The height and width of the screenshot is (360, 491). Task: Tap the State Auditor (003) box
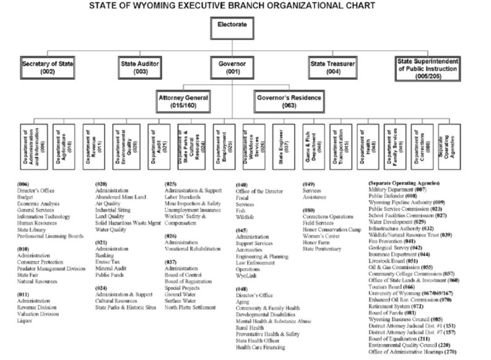(x=139, y=67)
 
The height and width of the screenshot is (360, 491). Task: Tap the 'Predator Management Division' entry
(x=51, y=268)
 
